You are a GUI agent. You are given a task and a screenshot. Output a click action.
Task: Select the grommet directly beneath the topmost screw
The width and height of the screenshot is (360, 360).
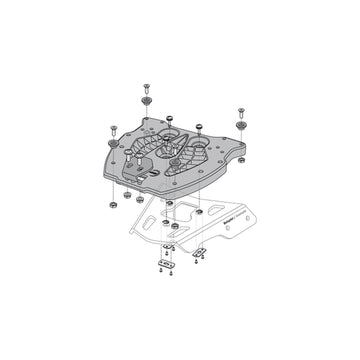146,100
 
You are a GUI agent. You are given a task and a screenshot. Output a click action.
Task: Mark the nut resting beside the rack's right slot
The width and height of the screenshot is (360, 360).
199,213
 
